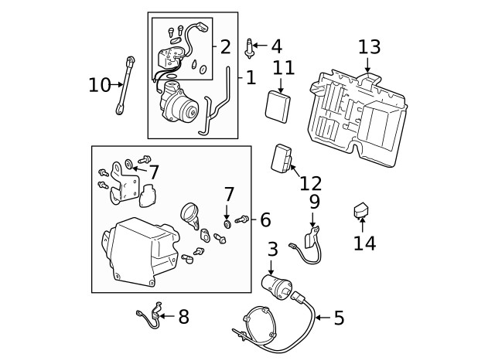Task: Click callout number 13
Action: tap(370, 46)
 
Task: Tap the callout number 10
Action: tap(99, 84)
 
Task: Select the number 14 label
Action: tap(364, 243)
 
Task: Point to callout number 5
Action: tap(339, 318)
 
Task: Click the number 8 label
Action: tap(183, 316)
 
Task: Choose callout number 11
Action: tap(284, 67)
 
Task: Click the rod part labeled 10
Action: tap(125, 86)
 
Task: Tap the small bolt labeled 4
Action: tap(250, 48)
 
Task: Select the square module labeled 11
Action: tap(278, 106)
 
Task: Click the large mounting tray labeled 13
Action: tap(360, 116)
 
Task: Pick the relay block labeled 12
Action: tap(283, 158)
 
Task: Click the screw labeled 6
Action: tap(242, 220)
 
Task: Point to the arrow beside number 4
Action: tap(261, 47)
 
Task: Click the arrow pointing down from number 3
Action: tap(271, 264)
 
